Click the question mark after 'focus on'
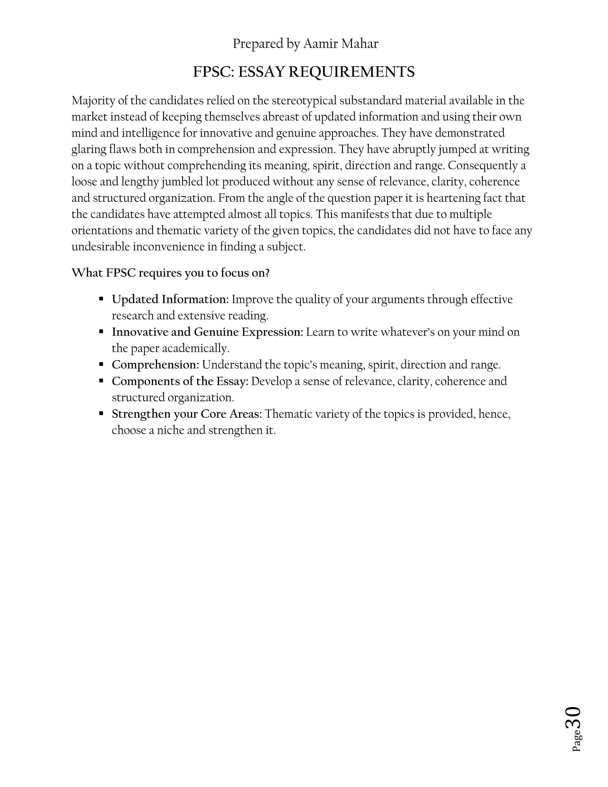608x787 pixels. point(267,273)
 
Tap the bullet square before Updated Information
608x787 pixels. point(101,299)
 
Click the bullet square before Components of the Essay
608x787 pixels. point(101,380)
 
